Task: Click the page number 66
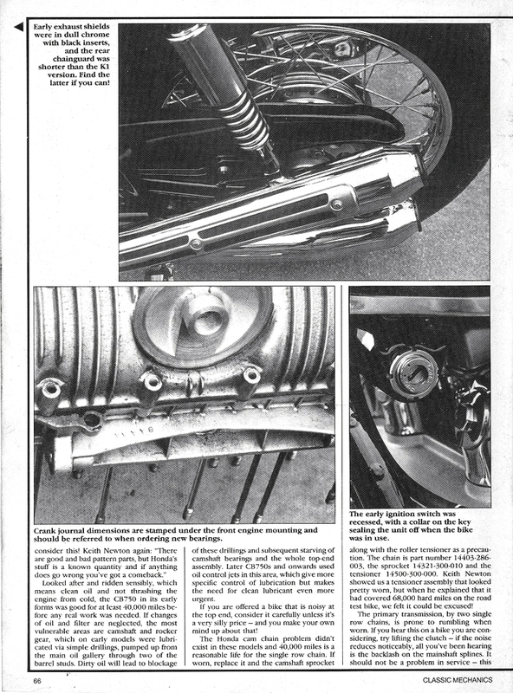click(x=37, y=681)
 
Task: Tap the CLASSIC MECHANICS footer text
click(x=457, y=680)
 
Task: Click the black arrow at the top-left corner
click(x=18, y=28)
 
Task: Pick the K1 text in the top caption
click(x=103, y=67)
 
